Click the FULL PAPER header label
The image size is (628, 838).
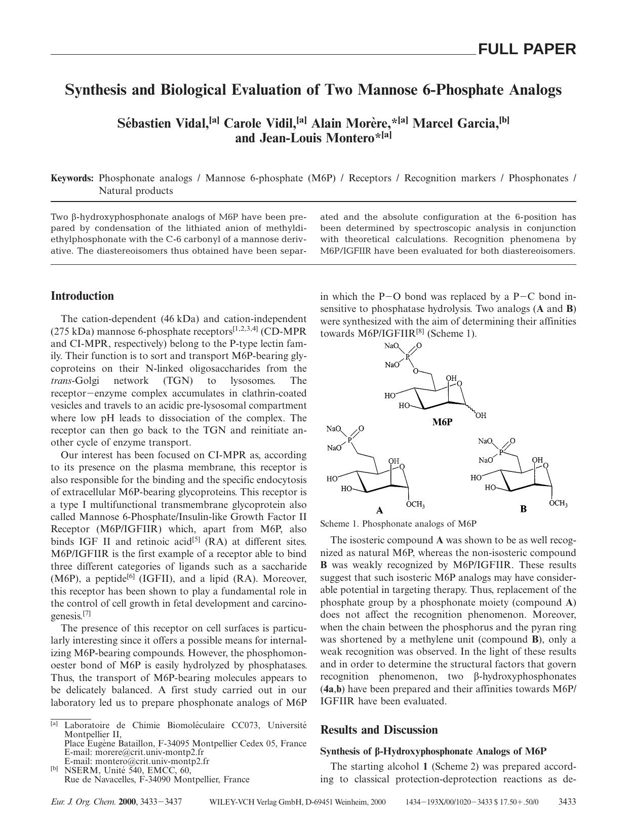click(527, 49)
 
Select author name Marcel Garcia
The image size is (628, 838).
click(455, 124)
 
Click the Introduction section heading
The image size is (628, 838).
click(82, 296)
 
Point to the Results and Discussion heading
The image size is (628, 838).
click(379, 730)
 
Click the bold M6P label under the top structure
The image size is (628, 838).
click(442, 422)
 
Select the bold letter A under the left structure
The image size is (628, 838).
click(379, 510)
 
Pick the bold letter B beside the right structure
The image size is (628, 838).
click(523, 509)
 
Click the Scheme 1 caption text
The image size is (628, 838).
click(398, 524)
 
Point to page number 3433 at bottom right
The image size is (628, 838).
click(567, 802)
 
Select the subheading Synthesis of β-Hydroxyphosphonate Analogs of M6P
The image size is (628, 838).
click(434, 751)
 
